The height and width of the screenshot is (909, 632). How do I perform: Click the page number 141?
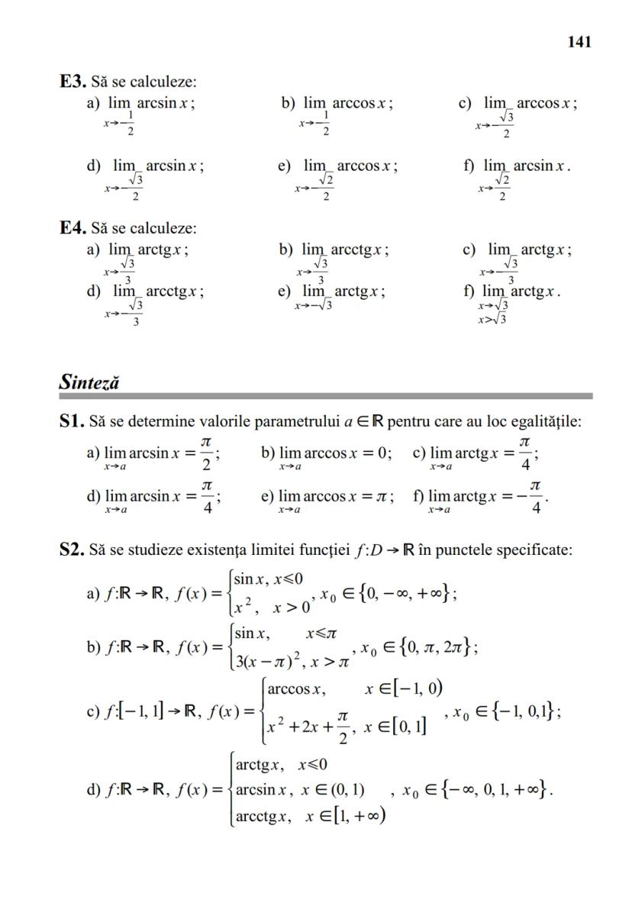[579, 42]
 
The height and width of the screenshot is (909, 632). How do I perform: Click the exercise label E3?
[73, 81]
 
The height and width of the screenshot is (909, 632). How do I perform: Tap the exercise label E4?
[73, 228]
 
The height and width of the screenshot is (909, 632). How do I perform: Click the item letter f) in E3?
[470, 166]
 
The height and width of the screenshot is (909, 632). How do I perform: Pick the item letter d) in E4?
[94, 292]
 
